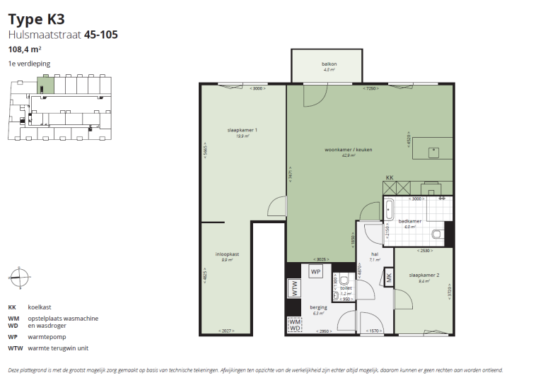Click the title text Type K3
tap(36, 19)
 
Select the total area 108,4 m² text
tap(24, 49)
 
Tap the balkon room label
tap(329, 64)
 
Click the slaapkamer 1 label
tap(242, 130)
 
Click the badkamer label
tap(410, 221)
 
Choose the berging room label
tap(318, 308)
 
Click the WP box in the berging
tap(316, 272)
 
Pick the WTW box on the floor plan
tap(293, 288)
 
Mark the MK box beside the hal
tap(389, 278)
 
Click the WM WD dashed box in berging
tap(294, 325)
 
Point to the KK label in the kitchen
tap(390, 177)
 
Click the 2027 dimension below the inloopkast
tap(226, 331)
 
